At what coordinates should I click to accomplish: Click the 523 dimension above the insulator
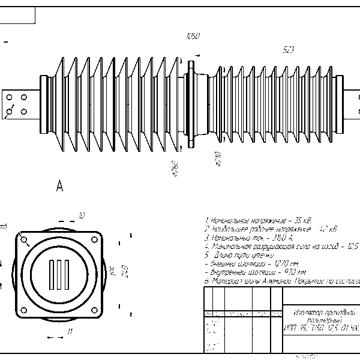288,50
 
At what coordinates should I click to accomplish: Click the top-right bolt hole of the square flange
97,238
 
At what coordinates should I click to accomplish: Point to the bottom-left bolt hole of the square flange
24,310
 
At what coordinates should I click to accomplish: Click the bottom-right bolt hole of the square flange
97,310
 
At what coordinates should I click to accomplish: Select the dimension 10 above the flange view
82,215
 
